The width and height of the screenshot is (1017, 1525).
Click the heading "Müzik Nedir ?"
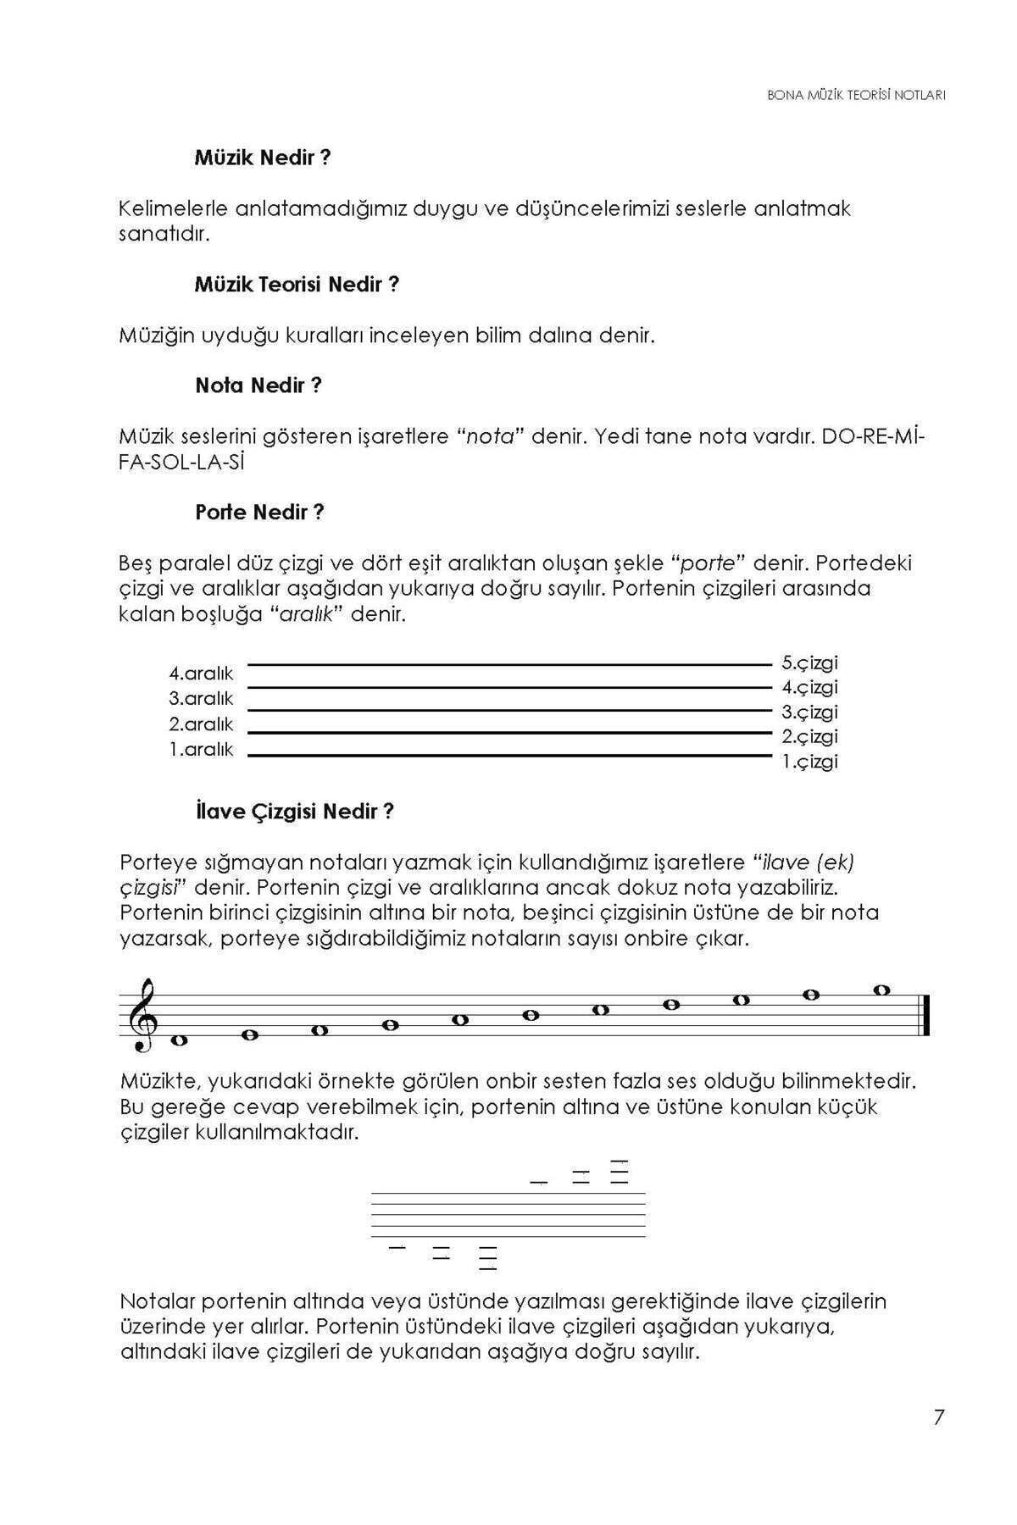pyautogui.click(x=262, y=158)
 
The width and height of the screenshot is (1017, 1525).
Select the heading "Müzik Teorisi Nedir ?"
pyautogui.click(x=297, y=285)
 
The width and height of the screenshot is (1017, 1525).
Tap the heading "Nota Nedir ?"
pyautogui.click(x=258, y=386)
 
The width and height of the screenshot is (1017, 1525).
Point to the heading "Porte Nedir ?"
pyautogui.click(x=259, y=513)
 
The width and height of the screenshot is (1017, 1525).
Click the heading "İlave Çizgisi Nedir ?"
pyautogui.click(x=294, y=812)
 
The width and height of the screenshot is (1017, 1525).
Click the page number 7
pyautogui.click(x=938, y=1417)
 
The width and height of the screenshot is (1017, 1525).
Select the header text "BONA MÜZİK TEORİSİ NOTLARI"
pyautogui.click(x=856, y=96)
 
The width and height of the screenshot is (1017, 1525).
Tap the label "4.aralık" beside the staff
pyautogui.click(x=201, y=674)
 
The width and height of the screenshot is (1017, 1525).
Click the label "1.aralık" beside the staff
pyautogui.click(x=201, y=750)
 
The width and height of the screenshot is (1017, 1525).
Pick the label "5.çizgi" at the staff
pyautogui.click(x=809, y=663)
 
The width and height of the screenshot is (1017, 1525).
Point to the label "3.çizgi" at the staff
pyautogui.click(x=809, y=712)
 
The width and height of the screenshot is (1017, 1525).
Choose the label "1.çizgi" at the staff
pyautogui.click(x=809, y=762)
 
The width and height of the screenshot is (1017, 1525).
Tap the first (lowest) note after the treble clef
pyautogui.click(x=179, y=1040)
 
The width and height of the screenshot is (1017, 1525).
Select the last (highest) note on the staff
pyautogui.click(x=881, y=990)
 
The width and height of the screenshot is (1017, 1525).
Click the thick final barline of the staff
pyautogui.click(x=928, y=1015)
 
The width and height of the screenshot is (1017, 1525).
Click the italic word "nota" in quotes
pyautogui.click(x=492, y=437)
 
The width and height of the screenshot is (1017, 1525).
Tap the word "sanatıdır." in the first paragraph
pyautogui.click(x=164, y=234)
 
